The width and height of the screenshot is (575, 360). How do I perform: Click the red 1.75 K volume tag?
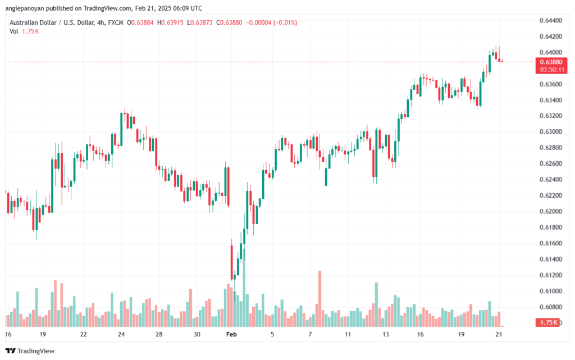[x=547, y=322]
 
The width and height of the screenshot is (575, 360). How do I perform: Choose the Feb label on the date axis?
[x=231, y=334]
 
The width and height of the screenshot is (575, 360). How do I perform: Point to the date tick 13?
[x=385, y=334]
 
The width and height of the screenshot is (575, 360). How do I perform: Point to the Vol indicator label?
[x=14, y=31]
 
